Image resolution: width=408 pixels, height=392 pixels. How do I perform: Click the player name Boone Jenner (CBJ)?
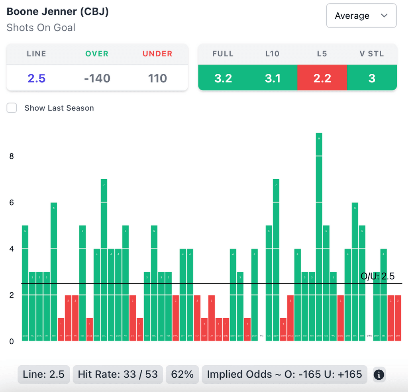coord(58,12)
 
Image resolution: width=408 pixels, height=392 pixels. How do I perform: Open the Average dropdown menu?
coord(361,16)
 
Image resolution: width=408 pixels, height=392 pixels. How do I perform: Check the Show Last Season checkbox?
coord(12,108)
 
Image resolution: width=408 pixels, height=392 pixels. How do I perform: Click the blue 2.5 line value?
coord(36,78)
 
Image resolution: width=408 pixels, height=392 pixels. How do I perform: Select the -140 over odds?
coord(97,78)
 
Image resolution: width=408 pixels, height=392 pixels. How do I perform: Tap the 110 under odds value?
coord(157,78)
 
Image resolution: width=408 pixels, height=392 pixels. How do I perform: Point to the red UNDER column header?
coord(157,54)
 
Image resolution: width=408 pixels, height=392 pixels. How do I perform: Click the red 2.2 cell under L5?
coord(322,78)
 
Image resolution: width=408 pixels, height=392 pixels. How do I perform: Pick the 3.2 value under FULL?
coord(223,78)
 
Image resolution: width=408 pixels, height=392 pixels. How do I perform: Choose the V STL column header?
coord(372,54)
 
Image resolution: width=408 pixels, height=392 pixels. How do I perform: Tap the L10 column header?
coord(273,54)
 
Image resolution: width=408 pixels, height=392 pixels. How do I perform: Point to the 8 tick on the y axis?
coord(12,156)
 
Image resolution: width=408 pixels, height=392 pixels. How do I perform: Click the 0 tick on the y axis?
coord(12,341)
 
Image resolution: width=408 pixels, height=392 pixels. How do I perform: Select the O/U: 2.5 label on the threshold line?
coord(377,276)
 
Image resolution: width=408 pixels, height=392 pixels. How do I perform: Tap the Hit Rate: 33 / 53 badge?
coord(118,374)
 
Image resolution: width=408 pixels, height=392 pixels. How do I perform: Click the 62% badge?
coord(182,374)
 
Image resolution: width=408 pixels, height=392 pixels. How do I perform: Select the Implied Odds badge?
coord(284,374)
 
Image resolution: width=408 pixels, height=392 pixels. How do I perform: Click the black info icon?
coord(379,374)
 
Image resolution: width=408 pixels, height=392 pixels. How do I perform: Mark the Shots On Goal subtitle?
coord(41,28)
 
